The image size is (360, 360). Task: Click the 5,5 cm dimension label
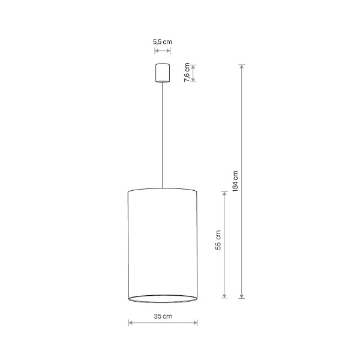[x=163, y=42]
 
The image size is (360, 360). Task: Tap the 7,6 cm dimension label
[x=187, y=72]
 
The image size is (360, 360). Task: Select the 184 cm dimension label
[x=235, y=181]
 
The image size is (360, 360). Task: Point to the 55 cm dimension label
[x=218, y=240]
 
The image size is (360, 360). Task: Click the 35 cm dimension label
[x=163, y=316]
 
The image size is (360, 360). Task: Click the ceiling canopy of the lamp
[x=163, y=73]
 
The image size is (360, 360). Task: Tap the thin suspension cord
[x=163, y=135]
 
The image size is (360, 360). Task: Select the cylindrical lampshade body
[x=163, y=245]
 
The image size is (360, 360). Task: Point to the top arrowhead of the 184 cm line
[x=242, y=67]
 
